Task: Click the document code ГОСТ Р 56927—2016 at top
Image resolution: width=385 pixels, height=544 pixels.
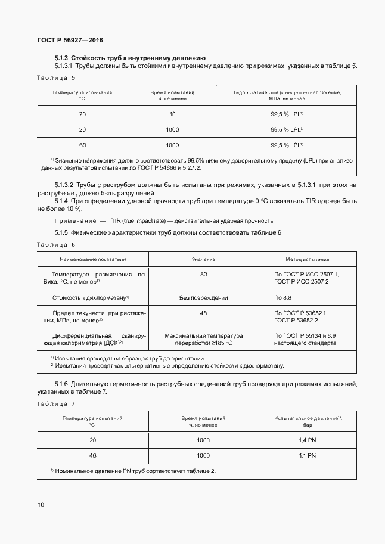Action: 70,40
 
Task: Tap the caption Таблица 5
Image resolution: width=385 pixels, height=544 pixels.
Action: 56,77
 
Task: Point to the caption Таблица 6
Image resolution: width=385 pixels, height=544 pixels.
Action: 56,245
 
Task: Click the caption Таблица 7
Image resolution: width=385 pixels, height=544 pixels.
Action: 56,403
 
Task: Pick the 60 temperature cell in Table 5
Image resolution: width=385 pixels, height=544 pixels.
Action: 82,145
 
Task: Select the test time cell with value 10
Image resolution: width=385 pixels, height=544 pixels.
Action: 172,114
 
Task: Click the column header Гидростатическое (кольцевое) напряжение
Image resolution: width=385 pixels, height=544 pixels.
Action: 287,93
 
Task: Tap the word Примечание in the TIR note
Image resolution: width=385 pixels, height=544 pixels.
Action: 74,221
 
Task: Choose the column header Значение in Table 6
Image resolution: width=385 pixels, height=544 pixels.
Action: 203,260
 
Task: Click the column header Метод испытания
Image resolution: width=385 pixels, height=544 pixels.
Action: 307,260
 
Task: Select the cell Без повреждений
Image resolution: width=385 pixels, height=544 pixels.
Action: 203,297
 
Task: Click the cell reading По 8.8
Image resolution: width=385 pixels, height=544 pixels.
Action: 282,297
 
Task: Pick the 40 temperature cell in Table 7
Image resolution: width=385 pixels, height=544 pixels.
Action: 92,455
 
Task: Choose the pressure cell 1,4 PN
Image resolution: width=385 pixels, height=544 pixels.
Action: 307,440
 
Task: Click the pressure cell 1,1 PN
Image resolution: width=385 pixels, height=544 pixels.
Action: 307,455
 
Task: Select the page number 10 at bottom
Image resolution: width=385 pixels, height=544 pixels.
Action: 41,505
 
